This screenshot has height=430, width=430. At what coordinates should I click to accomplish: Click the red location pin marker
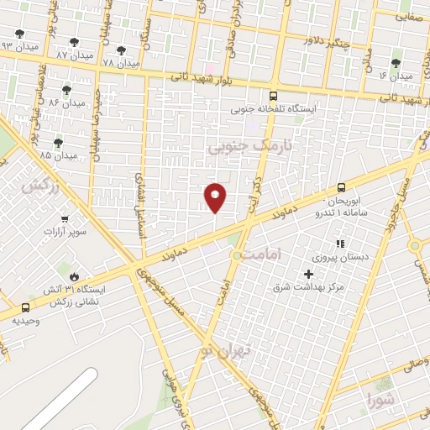click(x=215, y=196)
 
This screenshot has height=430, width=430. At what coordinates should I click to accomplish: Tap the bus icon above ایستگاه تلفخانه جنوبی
click(x=273, y=96)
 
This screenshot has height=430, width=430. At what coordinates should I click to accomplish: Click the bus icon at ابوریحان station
click(x=341, y=188)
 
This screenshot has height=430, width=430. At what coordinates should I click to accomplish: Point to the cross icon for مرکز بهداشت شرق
click(x=308, y=275)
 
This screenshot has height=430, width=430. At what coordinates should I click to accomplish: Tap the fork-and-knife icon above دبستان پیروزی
click(x=340, y=244)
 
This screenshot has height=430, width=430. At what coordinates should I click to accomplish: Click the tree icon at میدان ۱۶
click(x=396, y=63)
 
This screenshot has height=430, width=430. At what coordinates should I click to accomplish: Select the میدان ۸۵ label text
click(x=58, y=155)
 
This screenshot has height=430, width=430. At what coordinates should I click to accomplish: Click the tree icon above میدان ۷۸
click(x=121, y=50)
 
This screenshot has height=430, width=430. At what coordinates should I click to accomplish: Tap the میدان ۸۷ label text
click(x=74, y=54)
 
